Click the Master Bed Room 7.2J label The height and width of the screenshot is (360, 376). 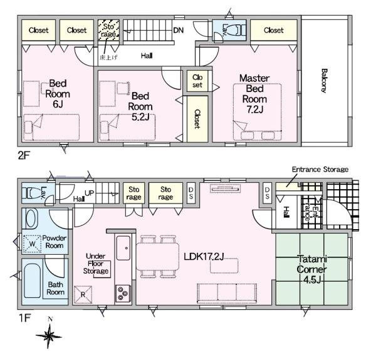(x=254, y=93)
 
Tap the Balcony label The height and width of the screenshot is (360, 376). (x=324, y=81)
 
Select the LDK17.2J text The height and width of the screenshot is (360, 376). (x=204, y=257)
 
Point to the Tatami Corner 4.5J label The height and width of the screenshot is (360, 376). (x=311, y=269)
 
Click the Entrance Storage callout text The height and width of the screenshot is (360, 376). (x=320, y=169)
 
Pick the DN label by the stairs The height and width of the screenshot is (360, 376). (x=178, y=30)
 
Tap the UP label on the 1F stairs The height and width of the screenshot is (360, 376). (x=89, y=193)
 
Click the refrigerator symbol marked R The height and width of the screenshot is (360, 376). (x=83, y=294)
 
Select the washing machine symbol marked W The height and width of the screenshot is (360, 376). (x=32, y=244)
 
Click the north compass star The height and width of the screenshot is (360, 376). (x=49, y=336)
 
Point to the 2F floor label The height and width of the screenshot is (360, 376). (x=24, y=156)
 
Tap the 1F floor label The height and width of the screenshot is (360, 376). (x=24, y=318)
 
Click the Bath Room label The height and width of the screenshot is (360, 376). (x=55, y=289)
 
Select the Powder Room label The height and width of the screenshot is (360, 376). (x=54, y=242)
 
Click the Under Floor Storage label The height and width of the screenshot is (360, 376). (x=96, y=264)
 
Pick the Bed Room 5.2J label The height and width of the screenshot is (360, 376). (x=140, y=106)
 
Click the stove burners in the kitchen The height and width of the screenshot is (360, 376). (x=123, y=294)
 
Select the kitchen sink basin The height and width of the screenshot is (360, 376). (x=123, y=248)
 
